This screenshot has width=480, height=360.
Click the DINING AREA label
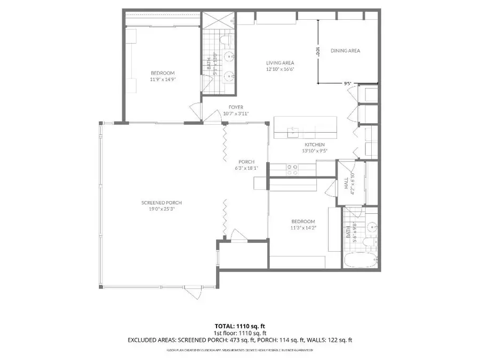click(x=346, y=51)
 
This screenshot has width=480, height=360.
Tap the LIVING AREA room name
click(x=280, y=63)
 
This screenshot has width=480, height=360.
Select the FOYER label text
click(x=236, y=107)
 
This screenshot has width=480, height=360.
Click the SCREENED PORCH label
click(x=162, y=203)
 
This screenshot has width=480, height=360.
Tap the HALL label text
click(x=346, y=184)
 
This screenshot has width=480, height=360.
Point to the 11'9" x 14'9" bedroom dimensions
click(x=163, y=79)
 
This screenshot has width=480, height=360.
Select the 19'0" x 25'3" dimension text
click(x=162, y=210)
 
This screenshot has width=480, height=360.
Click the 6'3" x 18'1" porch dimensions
click(x=246, y=169)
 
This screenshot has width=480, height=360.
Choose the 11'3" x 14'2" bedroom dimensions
click(x=303, y=228)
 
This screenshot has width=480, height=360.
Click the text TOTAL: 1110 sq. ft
click(x=239, y=325)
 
